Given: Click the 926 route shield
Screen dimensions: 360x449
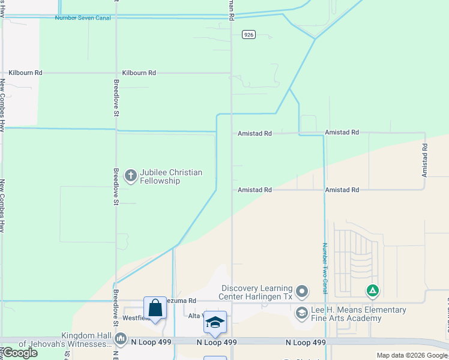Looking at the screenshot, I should pos(249,35).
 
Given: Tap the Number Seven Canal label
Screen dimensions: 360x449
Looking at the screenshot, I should pos(82,18).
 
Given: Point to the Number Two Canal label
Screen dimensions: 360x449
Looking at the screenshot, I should pos(324,268).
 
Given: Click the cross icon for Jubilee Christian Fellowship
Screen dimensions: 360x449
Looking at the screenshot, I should pos(130,176).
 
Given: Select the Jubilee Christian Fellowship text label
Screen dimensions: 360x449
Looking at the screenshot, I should pos(170,176).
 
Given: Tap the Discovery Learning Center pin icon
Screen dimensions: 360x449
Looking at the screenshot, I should pos(302,292).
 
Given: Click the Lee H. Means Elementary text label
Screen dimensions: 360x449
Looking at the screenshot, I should pos(358,314).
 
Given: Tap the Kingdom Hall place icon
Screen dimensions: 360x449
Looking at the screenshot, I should pos(121,340).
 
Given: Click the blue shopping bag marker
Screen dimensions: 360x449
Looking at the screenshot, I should pos(155,308).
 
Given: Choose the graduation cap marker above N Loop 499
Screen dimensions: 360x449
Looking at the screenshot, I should pos(215,322).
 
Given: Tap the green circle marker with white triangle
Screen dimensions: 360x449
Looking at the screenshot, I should pos(373,292).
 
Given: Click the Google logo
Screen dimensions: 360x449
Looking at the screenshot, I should pos(20,353).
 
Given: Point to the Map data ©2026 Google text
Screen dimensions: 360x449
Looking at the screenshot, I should pos(412,355).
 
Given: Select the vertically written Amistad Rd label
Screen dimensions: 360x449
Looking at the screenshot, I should pos(424,159).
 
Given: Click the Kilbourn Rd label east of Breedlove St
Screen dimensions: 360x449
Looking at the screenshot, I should pos(139,73).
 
